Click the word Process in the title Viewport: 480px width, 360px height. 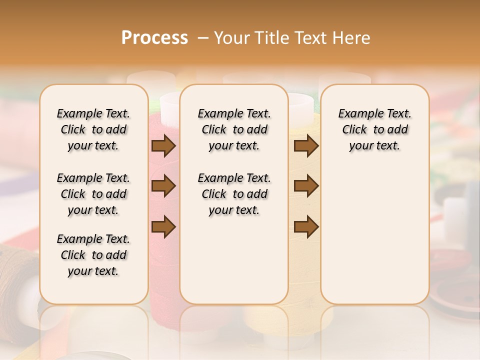154,38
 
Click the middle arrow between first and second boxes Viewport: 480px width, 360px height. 163,186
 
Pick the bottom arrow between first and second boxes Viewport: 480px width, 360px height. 163,226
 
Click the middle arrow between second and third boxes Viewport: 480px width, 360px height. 306,186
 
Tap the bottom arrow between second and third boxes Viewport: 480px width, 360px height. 306,226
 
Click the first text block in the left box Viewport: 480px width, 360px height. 93,129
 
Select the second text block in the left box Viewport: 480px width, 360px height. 93,194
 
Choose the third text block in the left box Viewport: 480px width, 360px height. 93,255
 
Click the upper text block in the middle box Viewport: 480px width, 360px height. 234,129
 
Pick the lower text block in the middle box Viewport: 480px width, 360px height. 234,194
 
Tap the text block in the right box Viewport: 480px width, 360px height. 374,129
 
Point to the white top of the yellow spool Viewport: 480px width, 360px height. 300,102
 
